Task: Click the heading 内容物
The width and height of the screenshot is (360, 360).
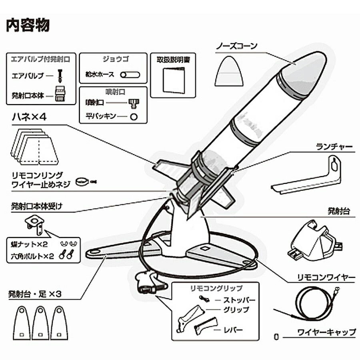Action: pyautogui.click(x=28, y=25)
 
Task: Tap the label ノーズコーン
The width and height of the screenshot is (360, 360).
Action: pyautogui.click(x=237, y=45)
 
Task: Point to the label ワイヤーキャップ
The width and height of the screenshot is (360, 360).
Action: pyautogui.click(x=326, y=332)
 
